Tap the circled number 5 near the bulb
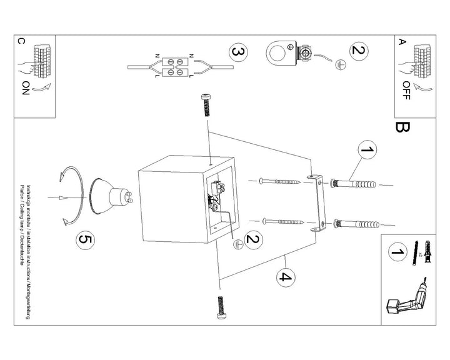84,239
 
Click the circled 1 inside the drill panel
395,252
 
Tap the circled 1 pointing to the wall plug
368,150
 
